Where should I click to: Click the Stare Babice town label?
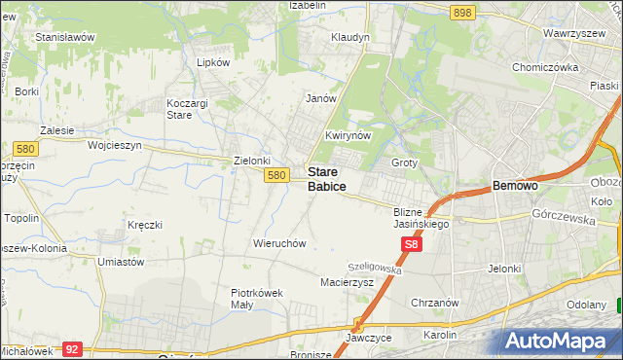coord(326,178)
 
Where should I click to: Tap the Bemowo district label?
coord(516,184)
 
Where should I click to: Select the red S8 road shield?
coord(412,248)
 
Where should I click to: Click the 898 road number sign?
coord(462,12)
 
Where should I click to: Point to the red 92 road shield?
coord(71,348)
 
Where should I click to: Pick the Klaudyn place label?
coord(350,37)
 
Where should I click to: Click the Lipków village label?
coord(212,61)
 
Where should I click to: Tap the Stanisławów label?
coord(64,37)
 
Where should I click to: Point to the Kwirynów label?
coord(348,135)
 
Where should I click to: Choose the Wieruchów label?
coord(280,243)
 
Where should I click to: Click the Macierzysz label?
coord(348,282)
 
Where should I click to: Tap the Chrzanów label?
coord(434,303)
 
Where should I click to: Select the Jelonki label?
coord(506,269)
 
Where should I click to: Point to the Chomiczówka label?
coord(545,68)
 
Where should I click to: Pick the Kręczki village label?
coord(144,225)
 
